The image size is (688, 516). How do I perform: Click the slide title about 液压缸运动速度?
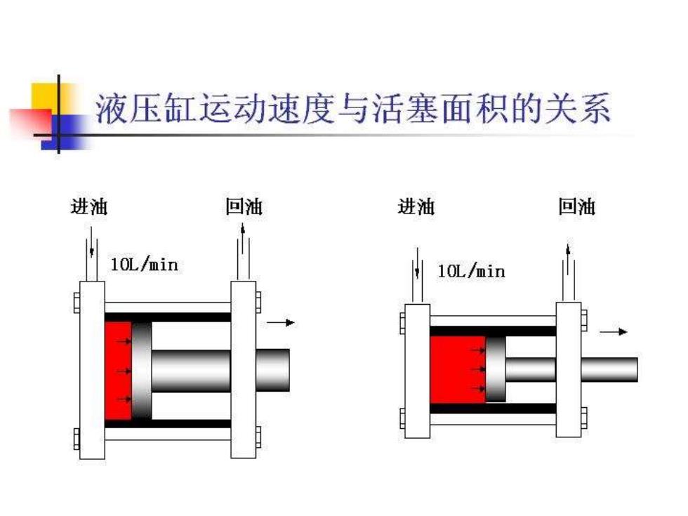[x=353, y=108]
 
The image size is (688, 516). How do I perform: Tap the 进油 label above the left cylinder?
[x=89, y=206]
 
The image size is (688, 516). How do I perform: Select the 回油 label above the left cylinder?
[x=244, y=206]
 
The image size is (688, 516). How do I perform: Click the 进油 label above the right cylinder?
[x=416, y=206]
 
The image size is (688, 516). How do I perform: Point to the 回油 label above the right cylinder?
[x=576, y=206]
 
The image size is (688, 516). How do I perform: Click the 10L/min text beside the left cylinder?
[x=145, y=265]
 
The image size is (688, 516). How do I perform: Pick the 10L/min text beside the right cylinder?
[x=472, y=271]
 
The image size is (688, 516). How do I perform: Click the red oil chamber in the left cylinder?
[x=118, y=371]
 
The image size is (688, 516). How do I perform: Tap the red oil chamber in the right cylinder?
[x=458, y=369]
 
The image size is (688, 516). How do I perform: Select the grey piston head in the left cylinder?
[x=141, y=371]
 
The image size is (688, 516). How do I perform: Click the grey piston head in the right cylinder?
[x=496, y=369]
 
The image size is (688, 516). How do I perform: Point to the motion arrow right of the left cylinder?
[x=281, y=323]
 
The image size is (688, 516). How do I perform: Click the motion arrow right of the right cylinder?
[x=614, y=331]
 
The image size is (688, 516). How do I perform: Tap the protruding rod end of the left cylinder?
[x=272, y=370]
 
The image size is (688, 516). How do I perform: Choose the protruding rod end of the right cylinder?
[x=609, y=369]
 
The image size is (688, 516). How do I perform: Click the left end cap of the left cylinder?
[x=92, y=370]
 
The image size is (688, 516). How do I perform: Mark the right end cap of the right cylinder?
[x=569, y=369]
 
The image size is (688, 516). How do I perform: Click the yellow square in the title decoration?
[x=46, y=98]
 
